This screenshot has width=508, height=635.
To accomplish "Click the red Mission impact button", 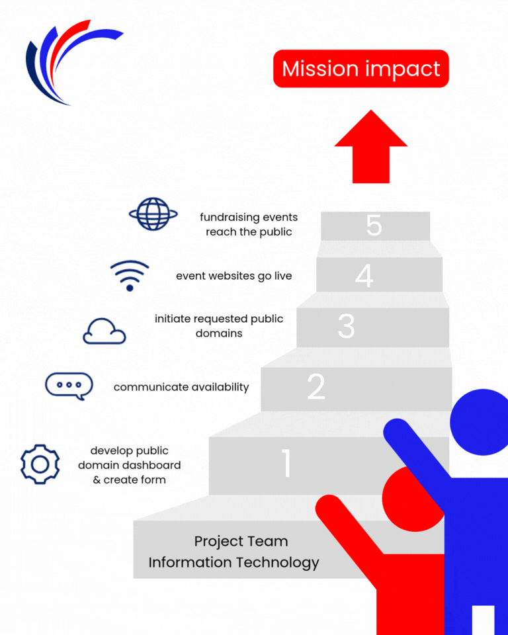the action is tap(361, 69).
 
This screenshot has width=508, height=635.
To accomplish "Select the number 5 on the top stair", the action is tap(374, 226).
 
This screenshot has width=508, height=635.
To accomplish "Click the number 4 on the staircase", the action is tap(364, 275).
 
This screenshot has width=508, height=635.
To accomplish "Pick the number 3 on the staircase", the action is tap(346, 326).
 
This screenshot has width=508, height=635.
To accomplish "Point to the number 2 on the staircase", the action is tap(316, 387).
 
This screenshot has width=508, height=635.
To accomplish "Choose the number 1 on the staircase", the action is tap(286, 463).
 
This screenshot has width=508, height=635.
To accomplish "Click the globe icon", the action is tap(153, 214).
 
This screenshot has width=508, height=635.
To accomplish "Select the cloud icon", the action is tap(105, 331).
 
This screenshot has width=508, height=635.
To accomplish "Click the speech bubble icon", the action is tap(69, 386).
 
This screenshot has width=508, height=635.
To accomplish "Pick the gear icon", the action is tap(40, 464).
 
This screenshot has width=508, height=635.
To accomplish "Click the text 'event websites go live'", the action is tap(233, 276).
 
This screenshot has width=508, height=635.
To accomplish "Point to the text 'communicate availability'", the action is tap(181, 387).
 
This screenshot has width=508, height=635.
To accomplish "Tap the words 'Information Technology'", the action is tap(233, 563).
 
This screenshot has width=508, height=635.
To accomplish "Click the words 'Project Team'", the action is tap(241, 541).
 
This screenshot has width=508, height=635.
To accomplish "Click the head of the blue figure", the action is tap(480, 421).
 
